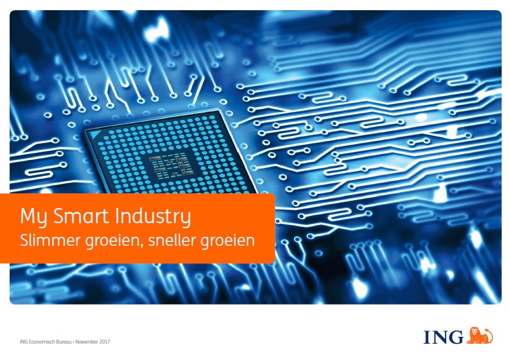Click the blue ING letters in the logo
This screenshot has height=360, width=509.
tap(444, 337)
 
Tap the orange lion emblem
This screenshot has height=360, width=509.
tap(480, 335)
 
